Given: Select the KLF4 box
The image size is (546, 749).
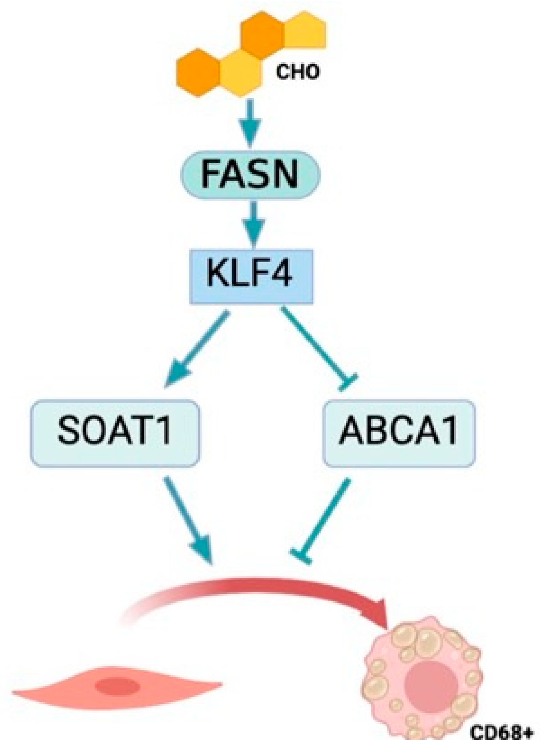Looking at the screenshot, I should (251, 276).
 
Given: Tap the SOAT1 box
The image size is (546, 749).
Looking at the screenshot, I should (115, 433).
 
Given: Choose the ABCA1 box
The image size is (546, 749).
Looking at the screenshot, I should (399, 433).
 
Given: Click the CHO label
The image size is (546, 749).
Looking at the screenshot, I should (298, 72).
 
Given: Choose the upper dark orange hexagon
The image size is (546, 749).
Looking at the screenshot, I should (263, 34).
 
